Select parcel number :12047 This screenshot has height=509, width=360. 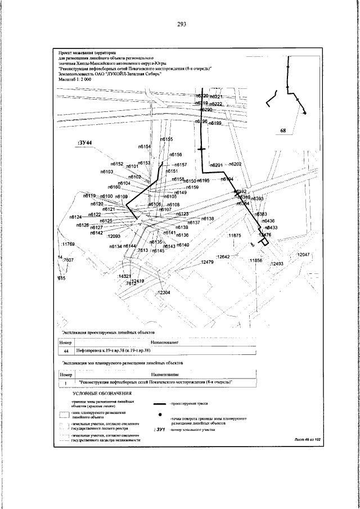[x=303, y=255]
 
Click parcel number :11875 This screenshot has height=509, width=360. [x=234, y=236]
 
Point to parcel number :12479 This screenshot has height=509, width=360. [x=207, y=262]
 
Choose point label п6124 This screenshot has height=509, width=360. [x=76, y=217]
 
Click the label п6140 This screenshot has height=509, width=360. [x=182, y=245]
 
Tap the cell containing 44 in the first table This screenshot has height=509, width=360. [x=66, y=350]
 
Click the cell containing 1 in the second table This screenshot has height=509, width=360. [x=66, y=382]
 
